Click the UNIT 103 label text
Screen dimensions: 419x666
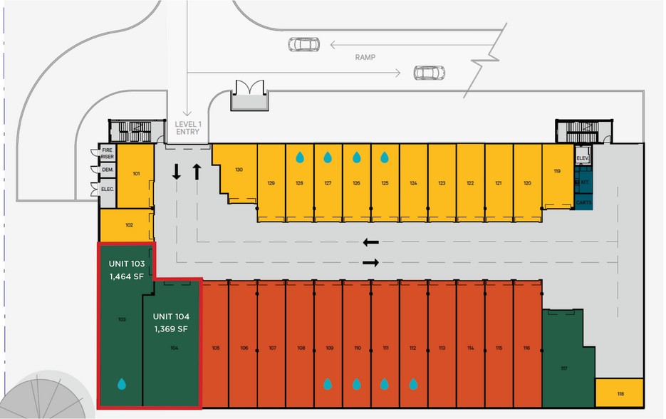point(127,264)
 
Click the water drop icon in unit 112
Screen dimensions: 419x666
point(412,384)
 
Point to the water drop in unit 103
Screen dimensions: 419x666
point(122,384)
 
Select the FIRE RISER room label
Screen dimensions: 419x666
point(108,153)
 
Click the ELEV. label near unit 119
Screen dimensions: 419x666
point(582,157)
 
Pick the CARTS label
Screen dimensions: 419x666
point(583,202)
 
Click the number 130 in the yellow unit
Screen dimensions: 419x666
point(239,170)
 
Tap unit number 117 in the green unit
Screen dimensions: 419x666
point(564,368)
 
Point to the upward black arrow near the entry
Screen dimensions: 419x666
point(197,171)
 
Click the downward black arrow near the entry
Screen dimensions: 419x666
point(177,171)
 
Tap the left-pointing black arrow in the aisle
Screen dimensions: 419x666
point(371,242)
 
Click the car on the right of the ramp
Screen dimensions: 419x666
point(429,72)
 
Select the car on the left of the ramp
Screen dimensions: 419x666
point(303,45)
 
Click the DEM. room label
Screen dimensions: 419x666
point(108,170)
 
